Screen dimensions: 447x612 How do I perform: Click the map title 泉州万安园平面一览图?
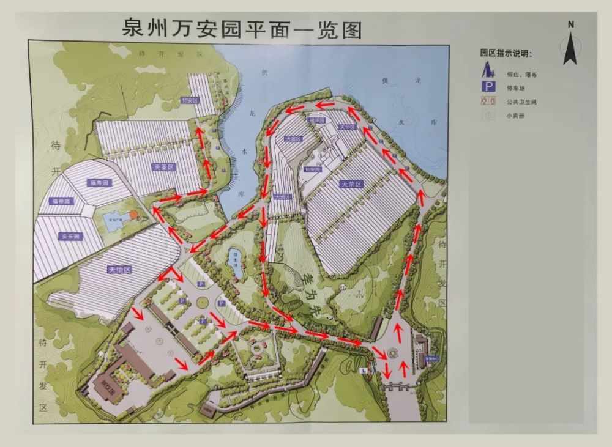(242, 29)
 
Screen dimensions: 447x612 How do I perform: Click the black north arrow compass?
(570, 48)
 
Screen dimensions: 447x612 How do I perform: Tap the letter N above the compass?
(570, 24)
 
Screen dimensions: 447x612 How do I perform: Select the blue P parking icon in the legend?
(489, 87)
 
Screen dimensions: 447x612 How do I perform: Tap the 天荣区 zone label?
(352, 183)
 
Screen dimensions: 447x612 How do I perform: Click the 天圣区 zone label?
(163, 166)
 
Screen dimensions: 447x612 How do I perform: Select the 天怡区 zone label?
(120, 269)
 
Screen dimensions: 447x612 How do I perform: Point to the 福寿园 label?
(98, 183)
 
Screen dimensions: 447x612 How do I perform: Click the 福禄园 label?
(62, 201)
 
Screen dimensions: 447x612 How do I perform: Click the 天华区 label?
(346, 128)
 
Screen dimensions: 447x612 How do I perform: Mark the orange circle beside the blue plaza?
(133, 215)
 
